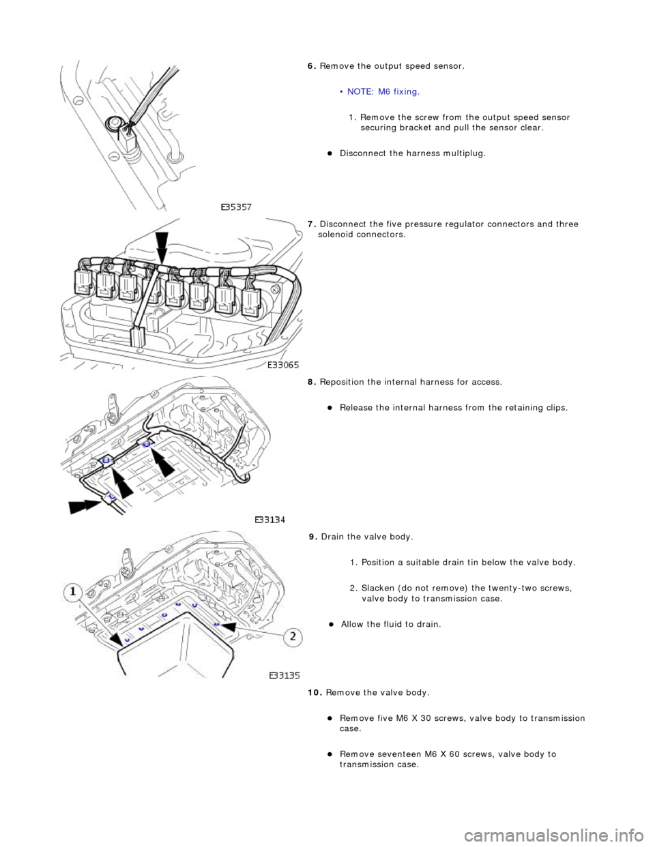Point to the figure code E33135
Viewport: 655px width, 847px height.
(286, 677)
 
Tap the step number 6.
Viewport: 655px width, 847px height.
(310, 66)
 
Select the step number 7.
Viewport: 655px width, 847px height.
(310, 224)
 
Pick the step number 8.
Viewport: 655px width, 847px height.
(310, 382)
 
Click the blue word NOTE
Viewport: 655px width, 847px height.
(360, 91)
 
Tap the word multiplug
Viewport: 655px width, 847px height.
(463, 153)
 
